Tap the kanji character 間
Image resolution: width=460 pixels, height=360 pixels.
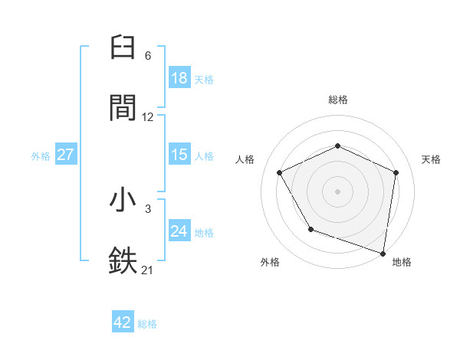coord(123,107)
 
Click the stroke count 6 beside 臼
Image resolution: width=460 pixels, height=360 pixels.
coord(148,56)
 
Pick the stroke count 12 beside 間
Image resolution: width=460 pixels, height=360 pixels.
coord(148,117)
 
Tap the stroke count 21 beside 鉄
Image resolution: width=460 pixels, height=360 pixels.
coord(148,269)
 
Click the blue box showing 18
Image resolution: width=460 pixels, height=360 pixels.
coord(179,77)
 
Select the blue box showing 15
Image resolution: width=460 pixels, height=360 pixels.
coord(179,155)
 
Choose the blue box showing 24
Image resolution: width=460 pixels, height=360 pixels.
coord(179,231)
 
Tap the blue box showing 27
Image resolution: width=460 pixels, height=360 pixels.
coord(66,155)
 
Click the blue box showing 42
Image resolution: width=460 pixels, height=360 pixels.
coord(123,322)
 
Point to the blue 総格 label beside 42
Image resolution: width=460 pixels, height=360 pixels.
coord(147,324)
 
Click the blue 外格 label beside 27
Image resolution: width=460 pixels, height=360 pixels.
coord(41,156)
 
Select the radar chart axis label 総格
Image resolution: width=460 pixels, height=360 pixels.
coord(338,100)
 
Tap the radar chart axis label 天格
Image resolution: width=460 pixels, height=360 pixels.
coord(431,159)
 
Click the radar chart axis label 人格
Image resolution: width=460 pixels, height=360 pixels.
coord(245,159)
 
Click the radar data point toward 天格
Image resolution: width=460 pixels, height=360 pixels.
coord(396,172)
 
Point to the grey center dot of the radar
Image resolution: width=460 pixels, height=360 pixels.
coord(338,191)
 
